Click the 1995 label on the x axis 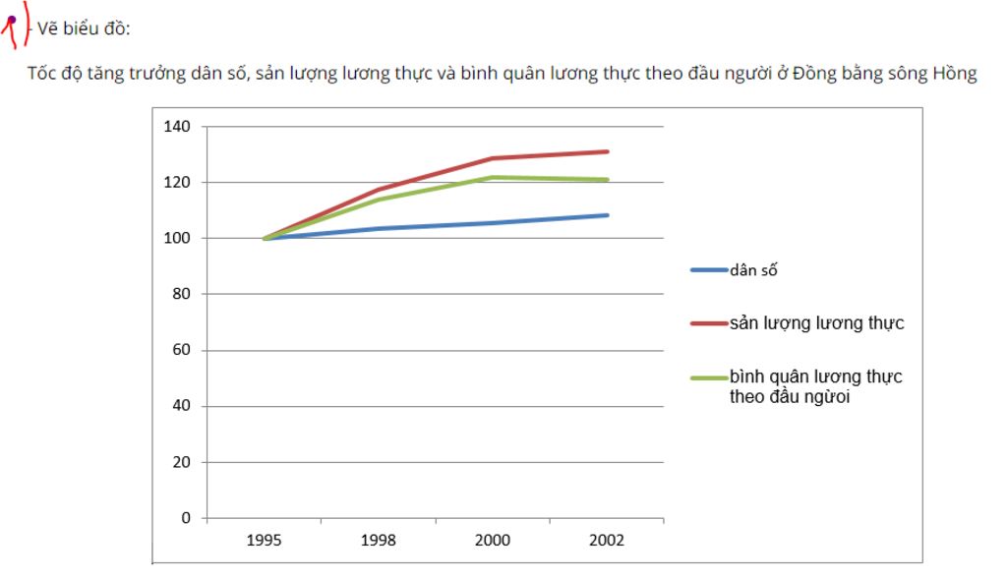(x=265, y=541)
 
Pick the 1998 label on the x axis (x=379, y=541)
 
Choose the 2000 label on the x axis (x=493, y=541)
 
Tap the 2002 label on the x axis (x=607, y=541)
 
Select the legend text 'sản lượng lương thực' (x=816, y=323)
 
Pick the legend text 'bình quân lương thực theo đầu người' (x=815, y=386)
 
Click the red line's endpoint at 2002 (x=608, y=151)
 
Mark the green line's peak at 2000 (x=493, y=178)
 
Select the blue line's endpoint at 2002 (x=608, y=215)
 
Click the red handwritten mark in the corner (x=12, y=28)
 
